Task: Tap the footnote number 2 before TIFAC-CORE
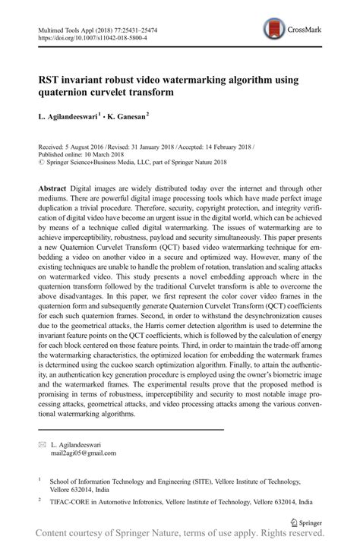tap(39, 502)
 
